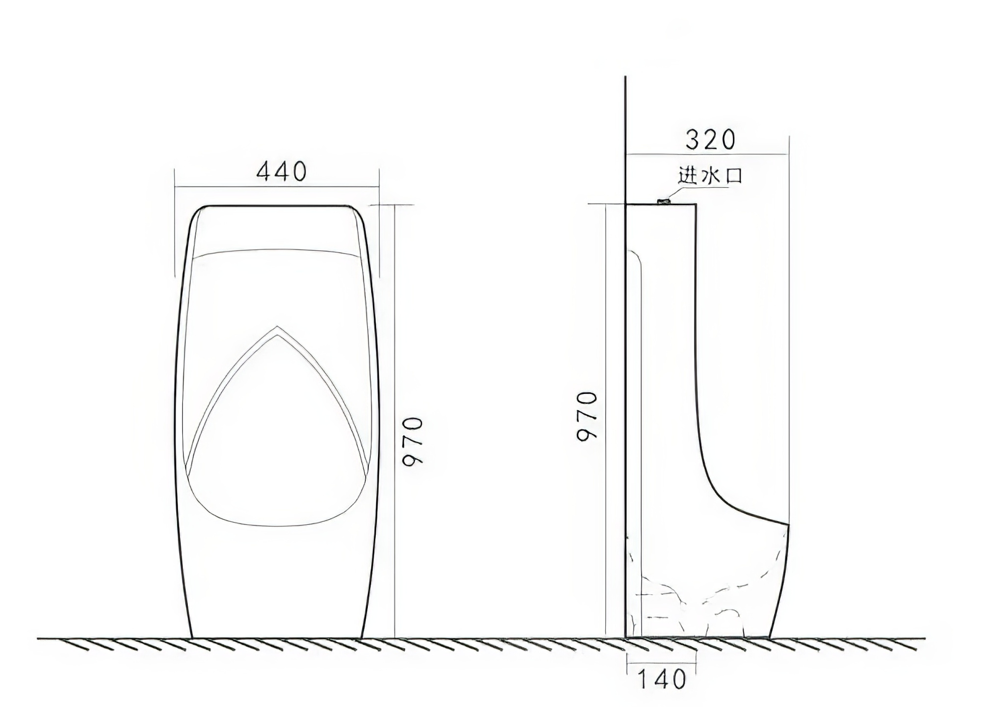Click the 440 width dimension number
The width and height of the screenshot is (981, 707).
[282, 171]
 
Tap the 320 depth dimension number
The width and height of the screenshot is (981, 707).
[711, 139]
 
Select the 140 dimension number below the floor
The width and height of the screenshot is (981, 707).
[662, 679]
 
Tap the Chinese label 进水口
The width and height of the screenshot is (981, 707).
[710, 175]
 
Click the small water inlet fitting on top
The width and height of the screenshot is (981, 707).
[664, 201]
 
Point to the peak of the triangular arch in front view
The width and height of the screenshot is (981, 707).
[277, 326]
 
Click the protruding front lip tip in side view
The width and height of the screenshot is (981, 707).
[788, 524]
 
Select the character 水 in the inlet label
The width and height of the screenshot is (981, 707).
[710, 175]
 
